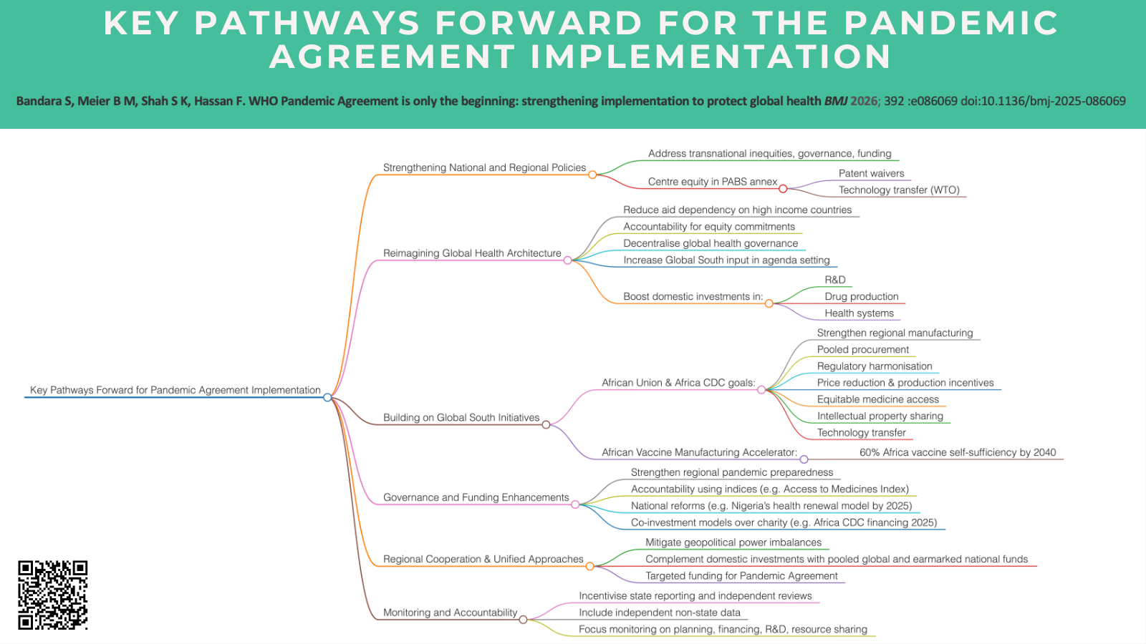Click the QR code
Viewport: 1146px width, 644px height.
coord(53,595)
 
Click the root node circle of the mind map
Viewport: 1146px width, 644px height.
coord(327,397)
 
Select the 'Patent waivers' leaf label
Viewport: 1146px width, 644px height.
coord(871,173)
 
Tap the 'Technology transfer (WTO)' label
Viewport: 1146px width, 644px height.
coord(899,190)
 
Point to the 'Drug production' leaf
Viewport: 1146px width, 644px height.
coord(861,296)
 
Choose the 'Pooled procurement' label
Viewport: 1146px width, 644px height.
coord(863,349)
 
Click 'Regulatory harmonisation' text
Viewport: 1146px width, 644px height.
coord(875,366)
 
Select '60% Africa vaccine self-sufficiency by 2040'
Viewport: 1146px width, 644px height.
coord(958,452)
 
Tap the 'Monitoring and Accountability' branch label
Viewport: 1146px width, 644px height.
coord(450,613)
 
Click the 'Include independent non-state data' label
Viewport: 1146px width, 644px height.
coord(660,613)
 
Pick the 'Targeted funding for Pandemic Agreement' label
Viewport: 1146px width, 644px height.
coord(741,576)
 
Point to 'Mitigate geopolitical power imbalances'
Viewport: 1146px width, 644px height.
coord(733,542)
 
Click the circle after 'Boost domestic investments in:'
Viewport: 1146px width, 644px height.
coord(769,303)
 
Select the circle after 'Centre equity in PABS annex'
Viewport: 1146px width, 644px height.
coord(783,189)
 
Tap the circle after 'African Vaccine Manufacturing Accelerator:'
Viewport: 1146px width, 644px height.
coord(804,459)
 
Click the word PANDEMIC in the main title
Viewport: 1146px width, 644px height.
coord(950,23)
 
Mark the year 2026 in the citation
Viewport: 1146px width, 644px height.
coord(864,101)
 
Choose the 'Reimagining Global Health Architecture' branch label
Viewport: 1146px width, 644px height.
coord(472,253)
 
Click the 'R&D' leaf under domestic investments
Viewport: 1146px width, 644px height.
coord(835,280)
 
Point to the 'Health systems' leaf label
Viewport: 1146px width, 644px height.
coord(859,313)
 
